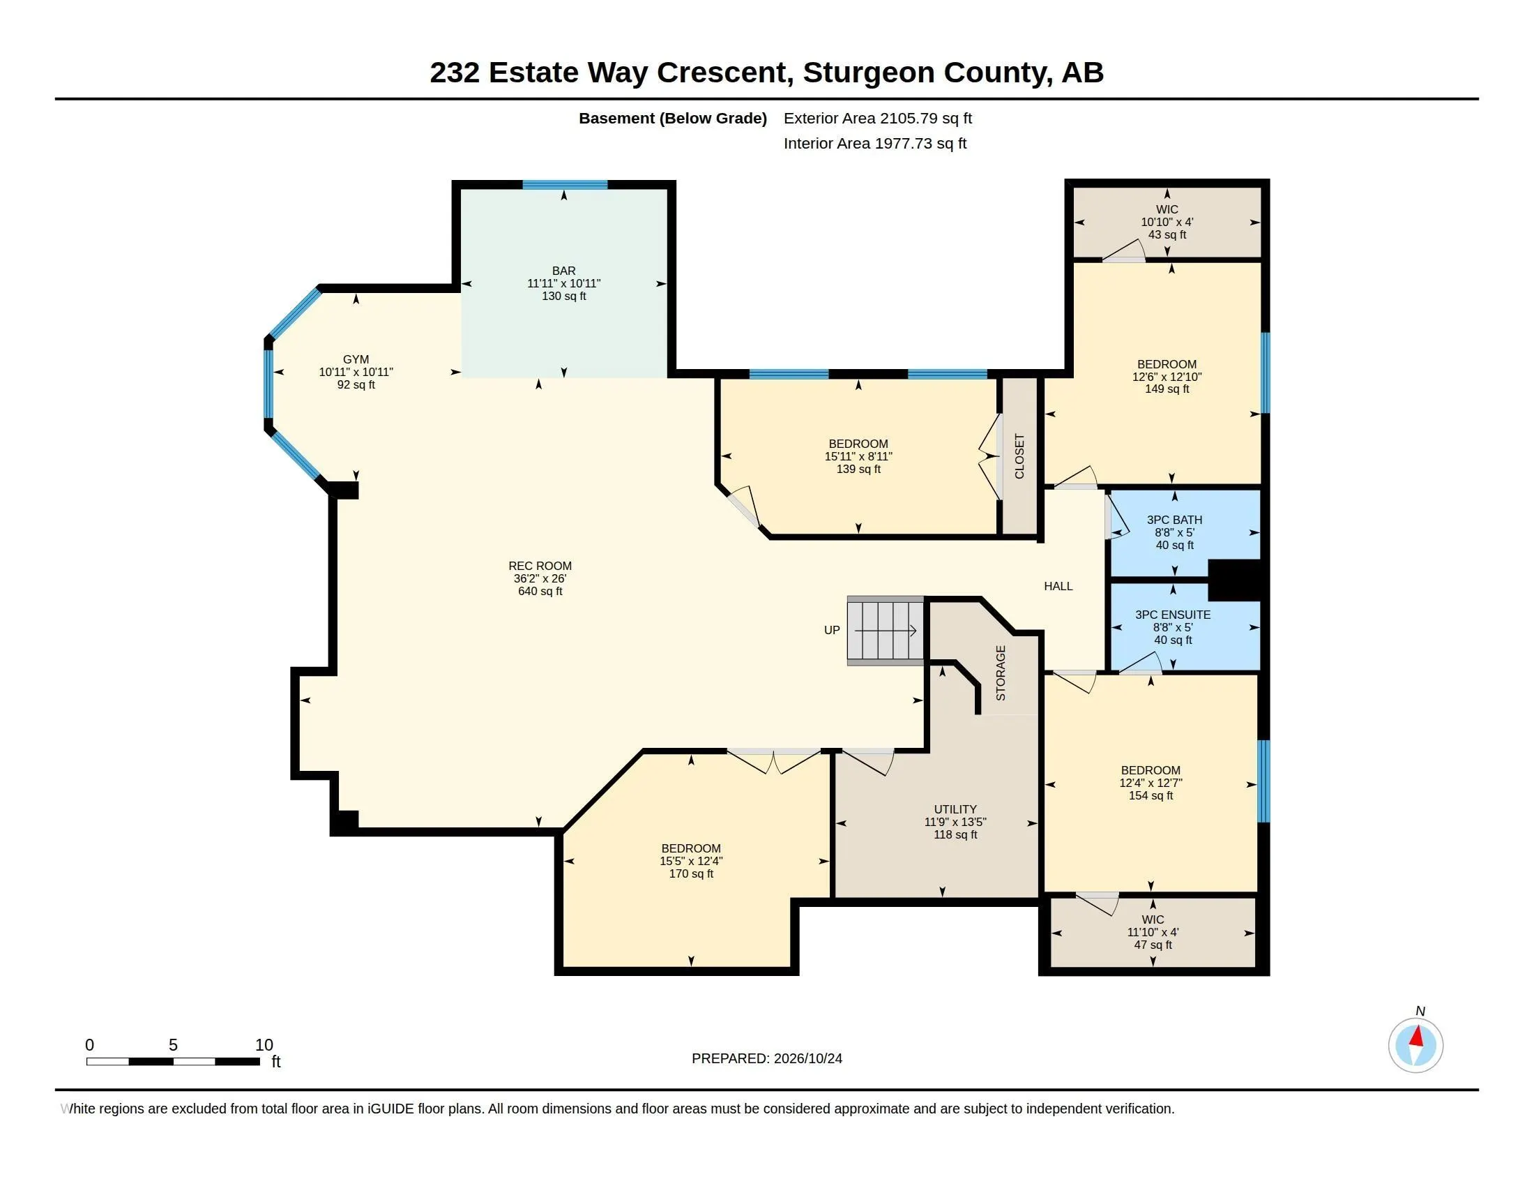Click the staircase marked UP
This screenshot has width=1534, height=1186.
coord(885,630)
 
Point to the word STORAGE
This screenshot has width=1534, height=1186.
coord(1001,673)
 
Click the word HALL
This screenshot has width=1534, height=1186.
coord(1058,586)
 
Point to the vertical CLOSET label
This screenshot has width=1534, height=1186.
coord(1020,456)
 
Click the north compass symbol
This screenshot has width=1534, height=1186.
coord(1416,1045)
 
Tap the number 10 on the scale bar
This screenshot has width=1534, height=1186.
coord(264,1045)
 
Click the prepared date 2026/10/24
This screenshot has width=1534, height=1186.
coord(807,1058)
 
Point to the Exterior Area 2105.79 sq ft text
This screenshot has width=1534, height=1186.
coord(878,118)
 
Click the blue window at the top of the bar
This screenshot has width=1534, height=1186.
coord(565,185)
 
